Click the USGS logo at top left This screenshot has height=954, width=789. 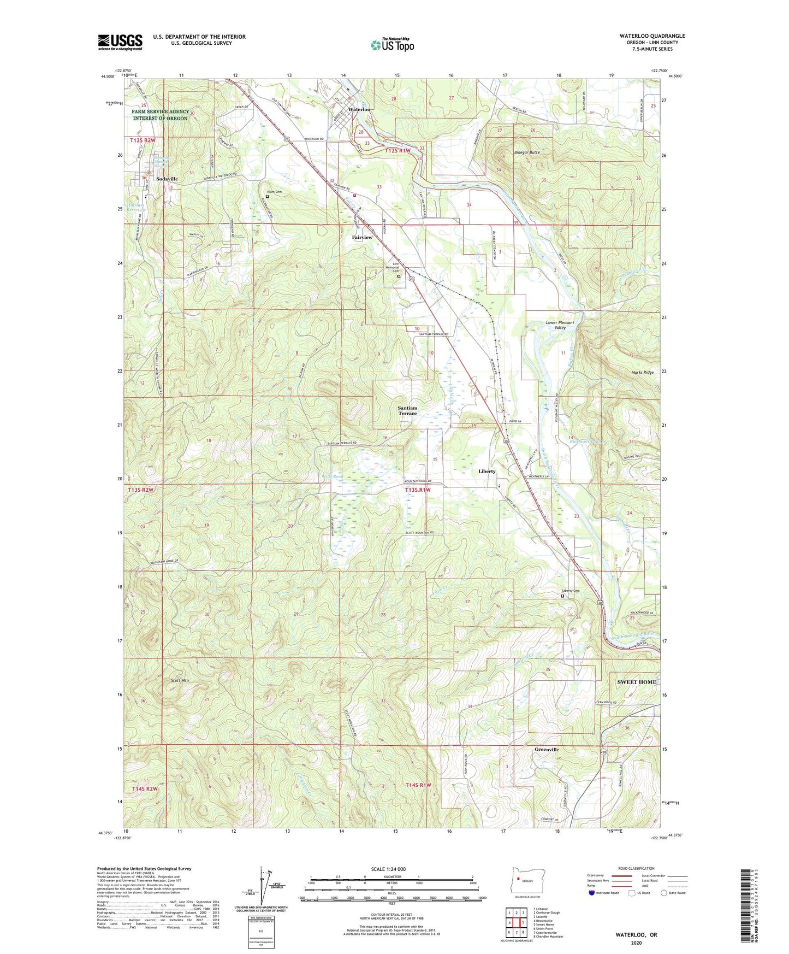coord(120,42)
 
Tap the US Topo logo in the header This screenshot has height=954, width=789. coord(392,45)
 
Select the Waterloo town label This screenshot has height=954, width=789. coord(359,109)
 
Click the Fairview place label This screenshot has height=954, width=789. coord(362,238)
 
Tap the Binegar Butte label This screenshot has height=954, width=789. coord(526,152)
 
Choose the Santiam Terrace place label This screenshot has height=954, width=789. coord(407,411)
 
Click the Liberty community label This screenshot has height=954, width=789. coord(487,471)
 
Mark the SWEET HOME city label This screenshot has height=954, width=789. coord(636,682)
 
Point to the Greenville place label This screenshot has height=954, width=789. coord(547,750)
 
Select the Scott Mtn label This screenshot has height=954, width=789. coord(180,681)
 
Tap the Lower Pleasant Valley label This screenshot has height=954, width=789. coord(560,325)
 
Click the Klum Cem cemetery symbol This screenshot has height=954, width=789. coord(268,197)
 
